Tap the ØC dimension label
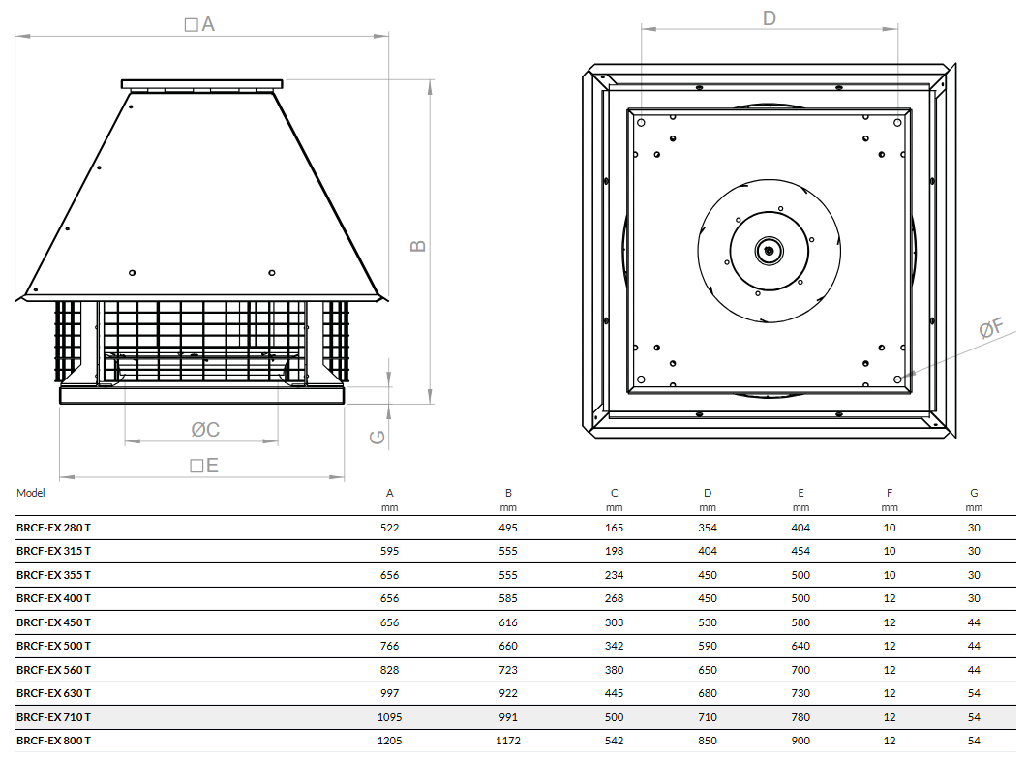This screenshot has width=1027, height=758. tap(204, 429)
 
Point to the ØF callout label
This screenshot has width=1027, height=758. tap(991, 328)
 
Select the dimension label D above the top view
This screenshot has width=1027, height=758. tap(770, 17)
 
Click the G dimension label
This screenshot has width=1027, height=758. tap(378, 437)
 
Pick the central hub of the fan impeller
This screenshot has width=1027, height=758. tap(769, 251)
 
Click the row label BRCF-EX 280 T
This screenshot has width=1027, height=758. tap(54, 528)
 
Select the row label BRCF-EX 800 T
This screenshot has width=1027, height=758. tap(54, 741)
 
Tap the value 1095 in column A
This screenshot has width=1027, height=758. tap(390, 717)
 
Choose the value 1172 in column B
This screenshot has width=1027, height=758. tap(508, 741)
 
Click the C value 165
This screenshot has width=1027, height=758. tap(615, 528)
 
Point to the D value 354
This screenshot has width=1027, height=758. tap(708, 528)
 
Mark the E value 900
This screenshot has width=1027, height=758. tap(800, 741)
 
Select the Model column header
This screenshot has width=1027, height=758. tap(31, 493)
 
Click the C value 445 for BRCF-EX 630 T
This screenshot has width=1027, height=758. tap(615, 693)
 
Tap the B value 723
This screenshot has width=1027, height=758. tap(508, 670)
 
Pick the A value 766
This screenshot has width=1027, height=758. tap(390, 646)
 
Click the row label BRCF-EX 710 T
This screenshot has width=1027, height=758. tap(54, 717)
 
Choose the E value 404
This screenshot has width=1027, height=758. tap(800, 528)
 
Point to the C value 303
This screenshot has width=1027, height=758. tap(615, 622)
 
